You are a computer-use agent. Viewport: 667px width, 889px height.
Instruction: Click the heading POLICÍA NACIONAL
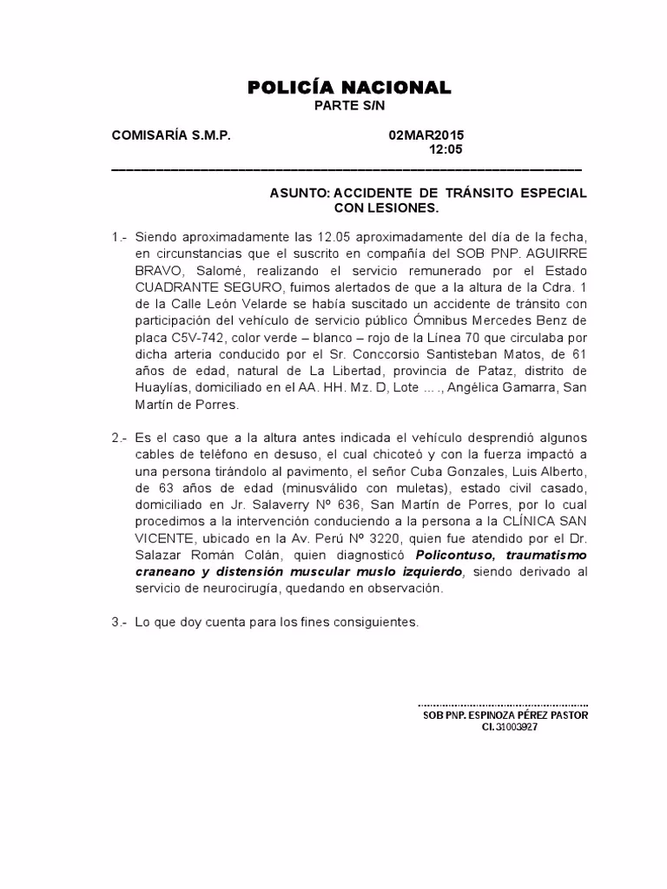tap(349, 87)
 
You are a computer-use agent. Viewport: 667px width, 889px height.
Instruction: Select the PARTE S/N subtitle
tap(348, 105)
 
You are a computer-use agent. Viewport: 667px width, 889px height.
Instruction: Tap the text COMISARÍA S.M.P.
tap(171, 135)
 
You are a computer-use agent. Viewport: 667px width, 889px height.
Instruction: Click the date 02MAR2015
tap(426, 135)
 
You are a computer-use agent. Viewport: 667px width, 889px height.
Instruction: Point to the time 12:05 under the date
tap(446, 149)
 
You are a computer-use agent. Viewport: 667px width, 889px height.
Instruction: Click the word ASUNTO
tap(300, 194)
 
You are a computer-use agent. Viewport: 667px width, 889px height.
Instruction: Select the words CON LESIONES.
tap(386, 208)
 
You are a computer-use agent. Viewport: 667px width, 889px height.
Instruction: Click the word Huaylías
tap(162, 387)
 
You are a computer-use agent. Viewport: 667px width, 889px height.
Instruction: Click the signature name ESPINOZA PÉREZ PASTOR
tap(520, 715)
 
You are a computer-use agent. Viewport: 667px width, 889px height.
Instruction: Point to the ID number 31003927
tap(518, 728)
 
